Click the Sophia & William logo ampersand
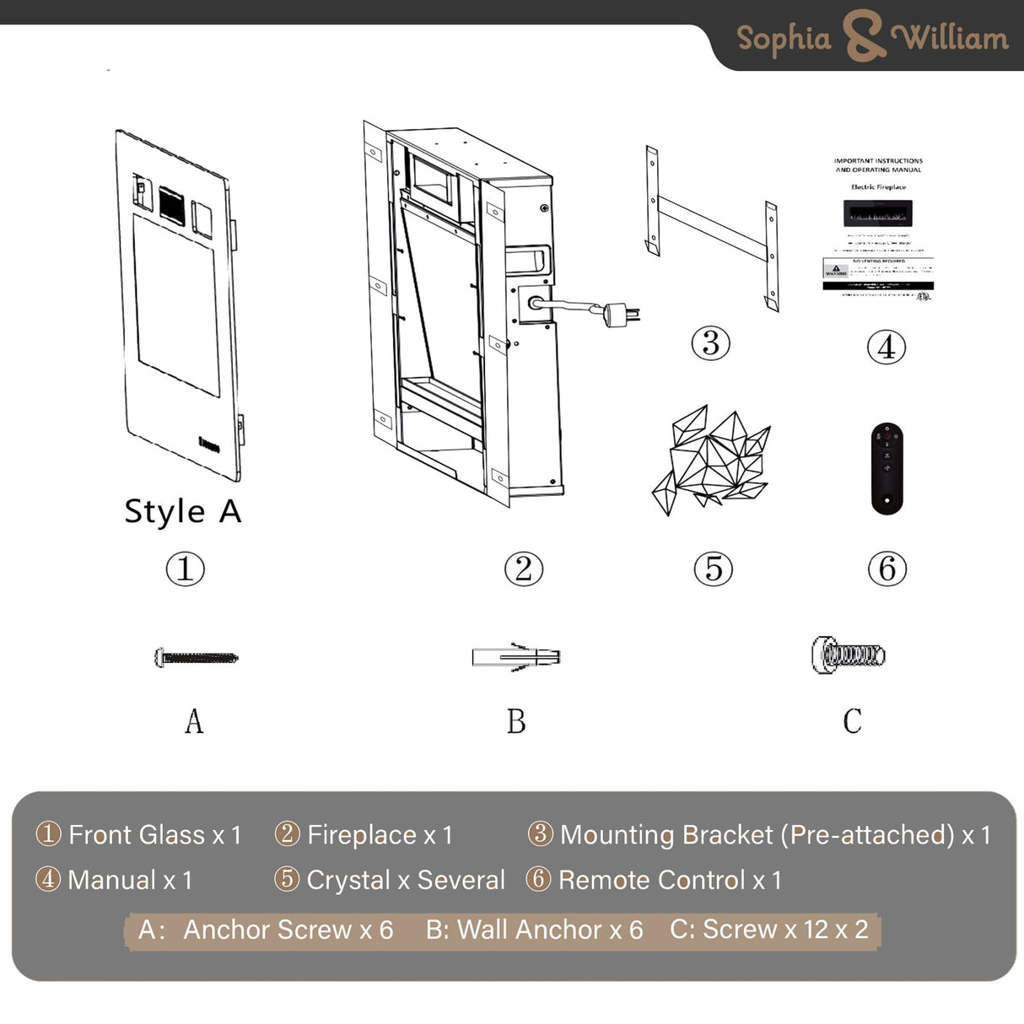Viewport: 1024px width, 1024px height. tap(861, 37)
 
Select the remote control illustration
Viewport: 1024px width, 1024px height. tap(887, 468)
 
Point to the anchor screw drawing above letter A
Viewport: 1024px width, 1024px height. tap(197, 657)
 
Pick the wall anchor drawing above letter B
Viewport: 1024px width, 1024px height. tap(516, 656)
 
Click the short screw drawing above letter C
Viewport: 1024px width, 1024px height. tap(848, 655)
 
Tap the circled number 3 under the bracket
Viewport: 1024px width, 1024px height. tap(710, 343)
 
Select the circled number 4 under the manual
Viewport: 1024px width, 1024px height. tap(887, 347)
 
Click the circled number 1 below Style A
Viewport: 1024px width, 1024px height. tap(185, 569)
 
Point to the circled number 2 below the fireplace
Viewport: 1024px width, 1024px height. tap(523, 569)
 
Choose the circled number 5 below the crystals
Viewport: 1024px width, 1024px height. tap(713, 569)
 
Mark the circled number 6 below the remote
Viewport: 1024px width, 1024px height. tap(887, 569)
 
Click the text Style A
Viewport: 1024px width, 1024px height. tap(183, 511)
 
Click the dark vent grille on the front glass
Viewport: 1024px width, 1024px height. tap(171, 202)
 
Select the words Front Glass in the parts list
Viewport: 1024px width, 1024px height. tap(137, 835)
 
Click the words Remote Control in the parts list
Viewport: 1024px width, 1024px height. tap(652, 880)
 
